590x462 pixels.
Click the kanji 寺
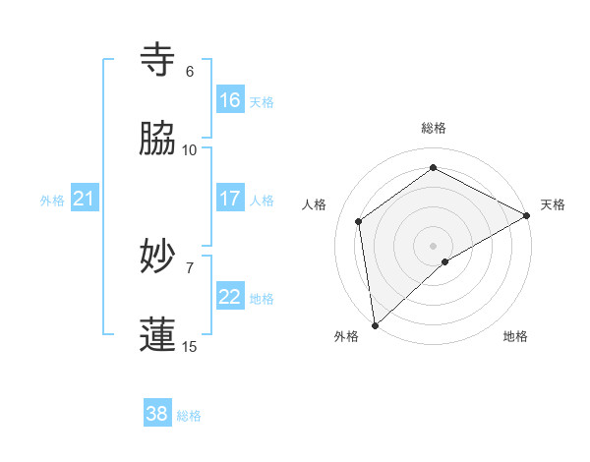click(x=158, y=60)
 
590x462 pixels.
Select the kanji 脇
click(x=158, y=139)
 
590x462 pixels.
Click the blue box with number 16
click(x=230, y=99)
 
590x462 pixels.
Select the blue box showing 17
click(x=230, y=198)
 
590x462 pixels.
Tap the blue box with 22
click(x=230, y=296)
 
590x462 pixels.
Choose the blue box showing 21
click(x=85, y=199)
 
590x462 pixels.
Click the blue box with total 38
click(x=157, y=414)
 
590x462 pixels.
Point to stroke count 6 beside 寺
click(x=190, y=72)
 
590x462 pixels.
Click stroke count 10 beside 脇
click(x=190, y=150)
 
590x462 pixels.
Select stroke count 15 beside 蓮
click(x=190, y=347)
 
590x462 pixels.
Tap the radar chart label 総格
click(x=434, y=128)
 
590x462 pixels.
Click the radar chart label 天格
click(x=554, y=204)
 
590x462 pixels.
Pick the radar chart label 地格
click(x=515, y=337)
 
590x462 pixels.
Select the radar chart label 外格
click(x=346, y=337)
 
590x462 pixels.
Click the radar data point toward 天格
click(x=527, y=216)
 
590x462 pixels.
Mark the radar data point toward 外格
click(x=375, y=324)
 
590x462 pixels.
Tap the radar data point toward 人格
click(x=359, y=221)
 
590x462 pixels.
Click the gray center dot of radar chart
click(x=434, y=245)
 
